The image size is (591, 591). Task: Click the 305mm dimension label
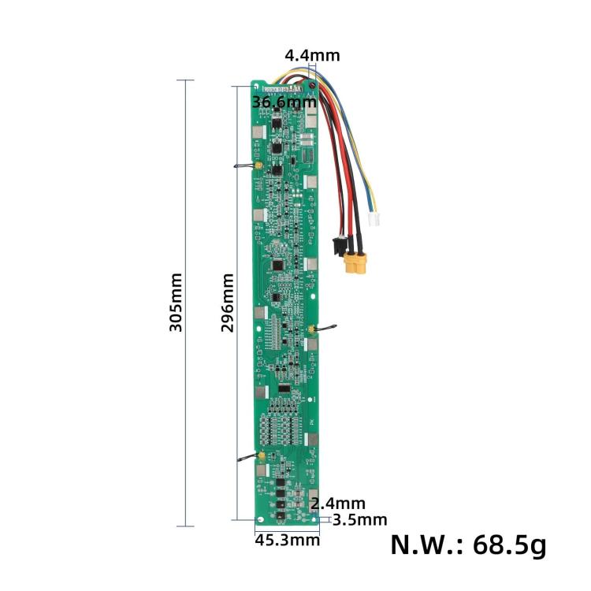coord(176,303)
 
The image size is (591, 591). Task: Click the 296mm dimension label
coord(228,303)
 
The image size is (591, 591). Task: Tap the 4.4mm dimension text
coord(312,55)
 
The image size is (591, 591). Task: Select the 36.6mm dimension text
coord(284,102)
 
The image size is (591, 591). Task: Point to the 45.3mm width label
coord(287,540)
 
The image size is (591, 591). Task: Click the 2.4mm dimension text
coord(338,504)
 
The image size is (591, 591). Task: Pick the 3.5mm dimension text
coord(359,520)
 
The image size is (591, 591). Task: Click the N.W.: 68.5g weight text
coord(468,545)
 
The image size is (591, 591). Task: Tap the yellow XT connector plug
coord(355,262)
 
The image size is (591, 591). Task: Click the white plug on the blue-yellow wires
coord(374,220)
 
